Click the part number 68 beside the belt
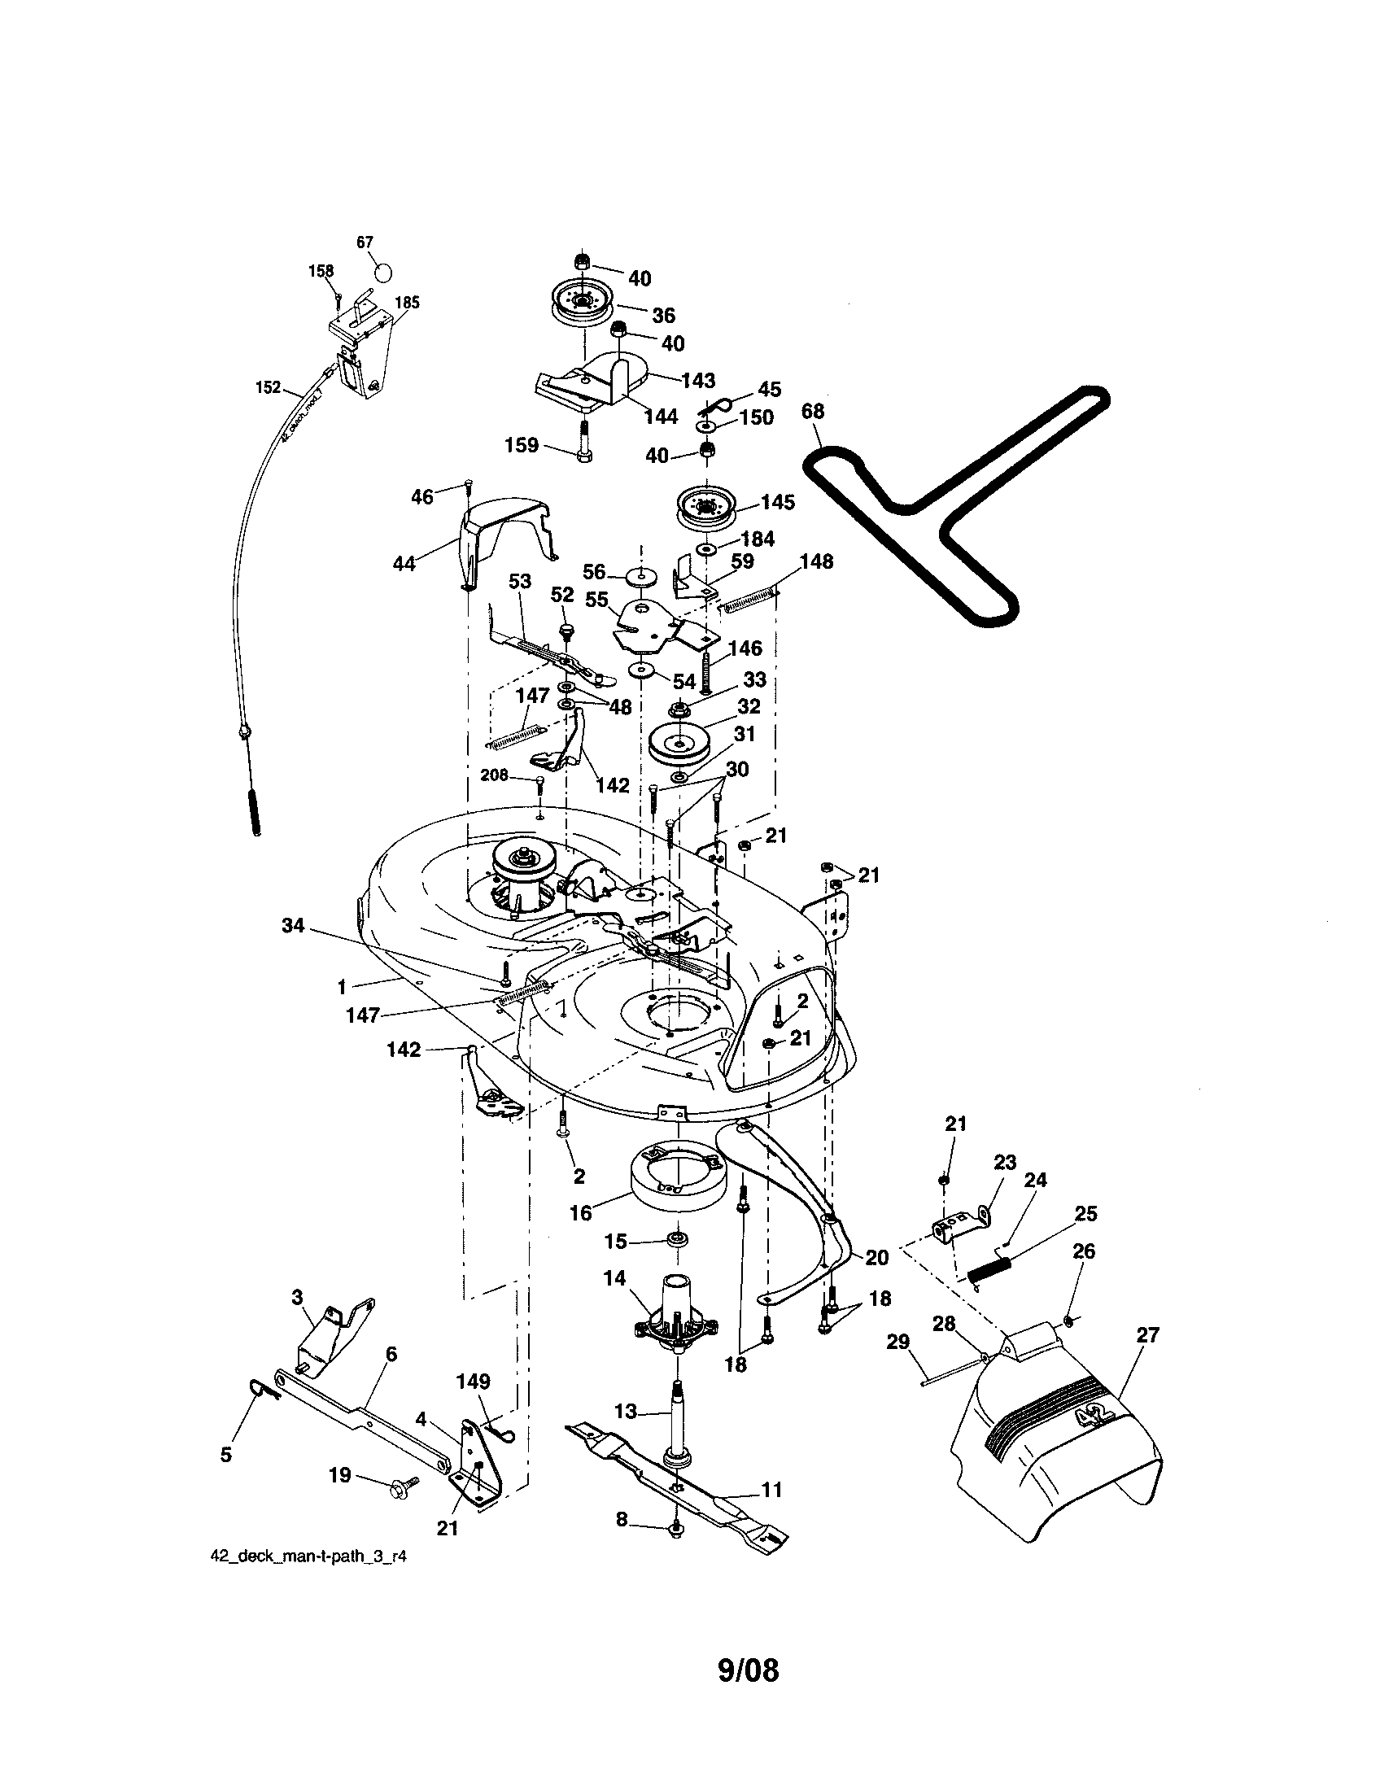click(812, 411)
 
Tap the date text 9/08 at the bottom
click(747, 1670)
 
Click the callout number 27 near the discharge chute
click(1148, 1335)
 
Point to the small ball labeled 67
click(383, 270)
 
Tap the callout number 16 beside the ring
click(580, 1213)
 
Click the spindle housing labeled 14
click(678, 1308)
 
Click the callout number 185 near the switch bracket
click(407, 303)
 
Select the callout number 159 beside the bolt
click(522, 445)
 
